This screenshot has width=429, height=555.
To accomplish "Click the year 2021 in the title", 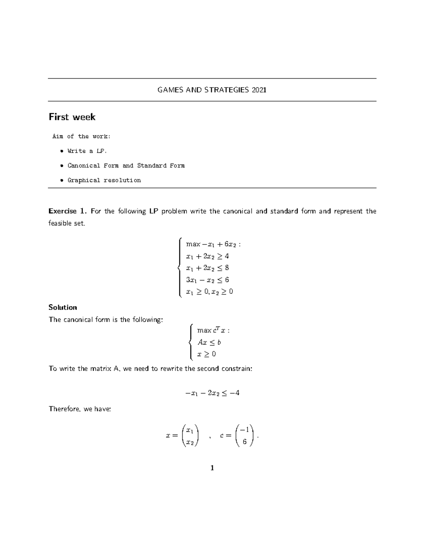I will point(259,90).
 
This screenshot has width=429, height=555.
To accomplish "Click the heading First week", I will point(72,117).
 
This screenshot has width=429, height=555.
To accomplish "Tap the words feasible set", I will point(67,223).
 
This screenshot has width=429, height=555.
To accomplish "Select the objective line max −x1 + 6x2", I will point(213,244).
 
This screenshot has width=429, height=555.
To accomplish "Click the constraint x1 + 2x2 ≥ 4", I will point(207,256).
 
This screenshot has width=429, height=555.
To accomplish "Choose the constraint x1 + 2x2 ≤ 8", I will point(207,268).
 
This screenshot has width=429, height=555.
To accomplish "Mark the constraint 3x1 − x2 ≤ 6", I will point(207,280).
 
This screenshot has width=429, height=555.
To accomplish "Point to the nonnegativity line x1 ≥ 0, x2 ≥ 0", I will point(209,292).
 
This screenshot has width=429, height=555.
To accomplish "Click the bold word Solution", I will point(63,307).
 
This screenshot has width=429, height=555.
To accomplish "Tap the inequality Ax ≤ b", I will point(209,342).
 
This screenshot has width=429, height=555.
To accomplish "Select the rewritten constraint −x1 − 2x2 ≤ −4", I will point(212,393).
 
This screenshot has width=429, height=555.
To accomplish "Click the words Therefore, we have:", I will point(80,409).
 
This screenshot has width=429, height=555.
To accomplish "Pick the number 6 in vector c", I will point(245,442).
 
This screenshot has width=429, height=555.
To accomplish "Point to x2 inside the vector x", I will point(190,442).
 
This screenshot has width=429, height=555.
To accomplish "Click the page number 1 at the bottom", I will point(212,468).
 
